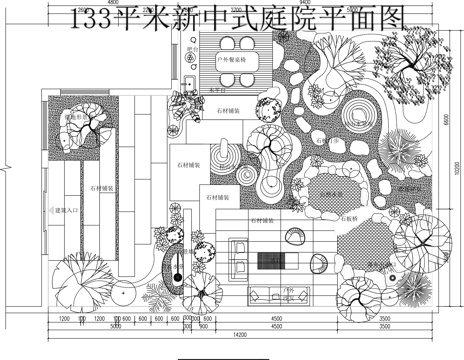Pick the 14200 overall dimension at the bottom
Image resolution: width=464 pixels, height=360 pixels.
coord(234,334)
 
